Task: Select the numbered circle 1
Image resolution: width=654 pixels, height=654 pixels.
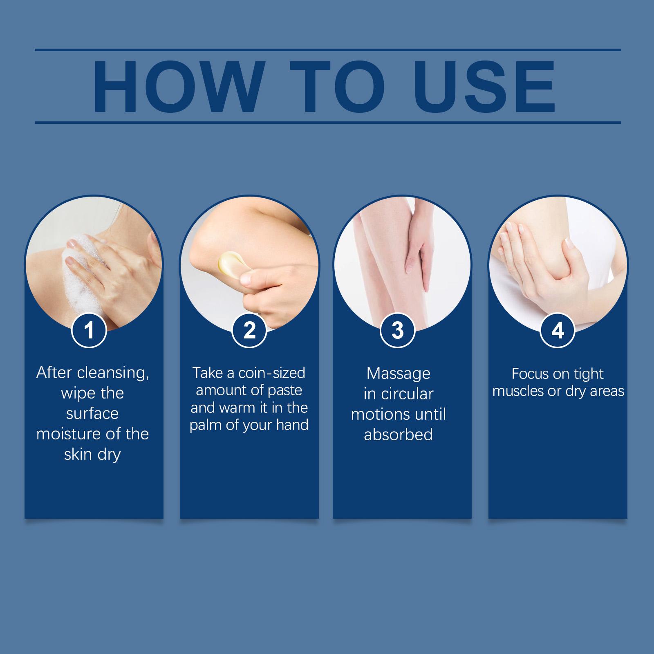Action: pyautogui.click(x=89, y=330)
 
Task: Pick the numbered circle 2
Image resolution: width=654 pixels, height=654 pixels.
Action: pyautogui.click(x=249, y=330)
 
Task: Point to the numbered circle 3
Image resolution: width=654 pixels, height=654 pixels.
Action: pyautogui.click(x=398, y=330)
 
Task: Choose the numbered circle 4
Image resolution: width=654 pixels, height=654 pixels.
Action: pyautogui.click(x=558, y=330)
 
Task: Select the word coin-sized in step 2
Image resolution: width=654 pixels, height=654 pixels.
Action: pyautogui.click(x=272, y=373)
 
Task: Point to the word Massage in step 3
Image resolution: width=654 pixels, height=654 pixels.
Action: pyautogui.click(x=399, y=374)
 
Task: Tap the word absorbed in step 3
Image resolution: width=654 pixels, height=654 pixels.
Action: pyautogui.click(x=399, y=435)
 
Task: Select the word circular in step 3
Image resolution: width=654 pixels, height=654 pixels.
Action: pyautogui.click(x=407, y=394)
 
